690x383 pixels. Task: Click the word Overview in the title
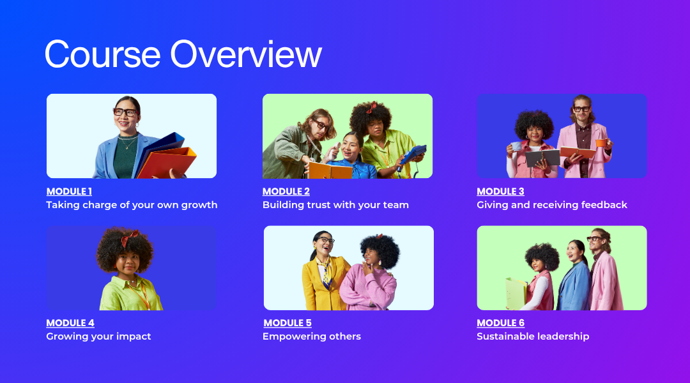point(246,54)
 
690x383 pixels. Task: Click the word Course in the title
point(102,54)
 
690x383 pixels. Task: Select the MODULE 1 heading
point(69,191)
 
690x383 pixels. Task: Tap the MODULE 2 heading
point(286,191)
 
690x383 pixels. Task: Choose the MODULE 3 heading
point(500,191)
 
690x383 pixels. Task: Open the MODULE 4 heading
point(70,323)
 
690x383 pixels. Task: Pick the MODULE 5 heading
point(287,323)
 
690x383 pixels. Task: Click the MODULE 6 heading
point(500,323)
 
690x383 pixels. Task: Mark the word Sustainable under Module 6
point(503,336)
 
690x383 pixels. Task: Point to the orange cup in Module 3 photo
point(601,142)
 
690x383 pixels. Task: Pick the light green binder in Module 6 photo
point(516,293)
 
